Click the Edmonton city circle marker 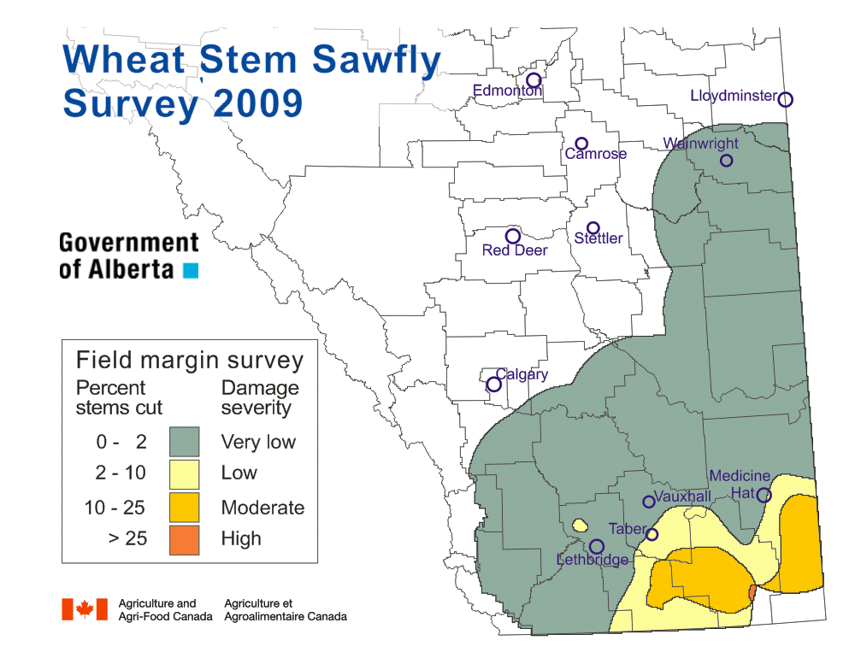pyautogui.click(x=534, y=80)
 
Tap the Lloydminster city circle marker pyautogui.click(x=786, y=99)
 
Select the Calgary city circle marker pyautogui.click(x=493, y=385)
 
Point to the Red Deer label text pyautogui.click(x=515, y=250)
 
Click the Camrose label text pyautogui.click(x=596, y=154)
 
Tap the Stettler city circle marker pyautogui.click(x=593, y=228)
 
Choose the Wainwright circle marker pyautogui.click(x=726, y=160)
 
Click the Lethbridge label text pyautogui.click(x=593, y=560)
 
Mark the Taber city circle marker pyautogui.click(x=652, y=535)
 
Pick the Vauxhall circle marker pyautogui.click(x=648, y=502)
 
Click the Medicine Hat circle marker pyautogui.click(x=764, y=495)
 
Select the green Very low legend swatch pyautogui.click(x=184, y=442)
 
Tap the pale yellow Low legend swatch pyautogui.click(x=184, y=473)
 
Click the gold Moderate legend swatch pyautogui.click(x=184, y=507)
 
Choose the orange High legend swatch pyautogui.click(x=184, y=539)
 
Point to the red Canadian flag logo pyautogui.click(x=85, y=608)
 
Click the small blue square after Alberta pyautogui.click(x=191, y=270)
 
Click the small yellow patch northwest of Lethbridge pyautogui.click(x=580, y=524)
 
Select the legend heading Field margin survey pyautogui.click(x=190, y=360)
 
